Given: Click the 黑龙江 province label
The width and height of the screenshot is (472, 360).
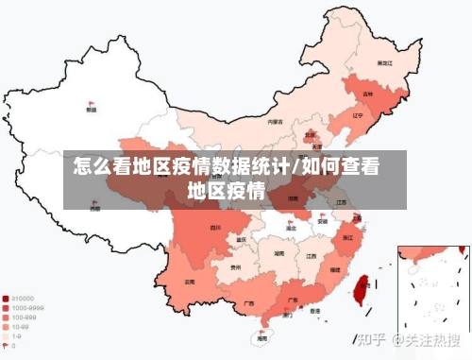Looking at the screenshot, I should pyautogui.click(x=384, y=62).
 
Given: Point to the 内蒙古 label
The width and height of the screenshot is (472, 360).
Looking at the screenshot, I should pyautogui.click(x=275, y=122).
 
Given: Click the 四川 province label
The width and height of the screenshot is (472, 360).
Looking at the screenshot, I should pyautogui.click(x=215, y=228).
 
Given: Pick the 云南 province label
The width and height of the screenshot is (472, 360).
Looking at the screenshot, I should pyautogui.click(x=190, y=282).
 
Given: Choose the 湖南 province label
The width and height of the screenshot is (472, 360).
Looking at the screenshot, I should pyautogui.click(x=278, y=253).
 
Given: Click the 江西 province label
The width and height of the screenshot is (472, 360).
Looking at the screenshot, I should pyautogui.click(x=311, y=255).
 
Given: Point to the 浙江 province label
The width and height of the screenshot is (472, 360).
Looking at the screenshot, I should pyautogui.click(x=348, y=237).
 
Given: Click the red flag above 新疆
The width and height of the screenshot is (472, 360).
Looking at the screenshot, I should pyautogui.click(x=91, y=103).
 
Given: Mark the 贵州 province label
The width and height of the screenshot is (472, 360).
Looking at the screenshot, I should pyautogui.click(x=234, y=267).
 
